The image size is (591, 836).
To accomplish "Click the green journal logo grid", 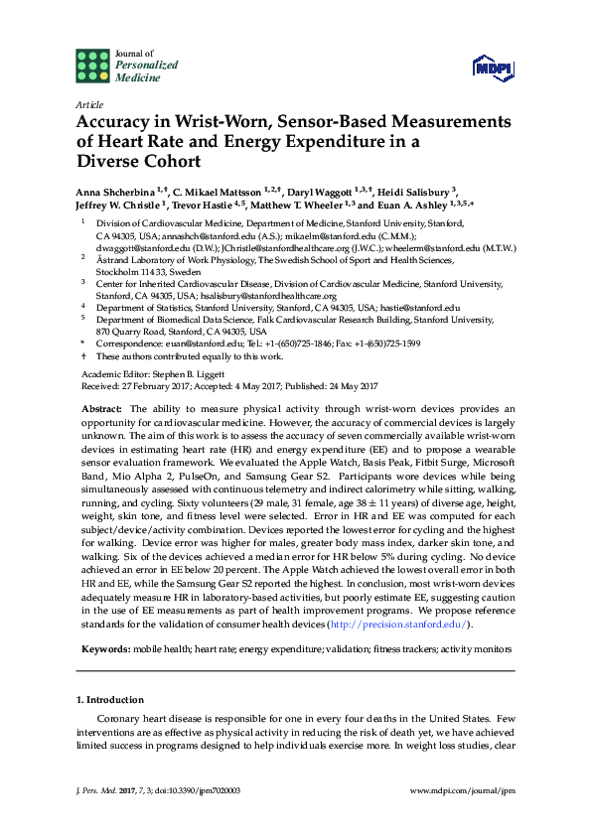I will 92,65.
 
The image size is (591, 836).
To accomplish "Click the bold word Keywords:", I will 105,648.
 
